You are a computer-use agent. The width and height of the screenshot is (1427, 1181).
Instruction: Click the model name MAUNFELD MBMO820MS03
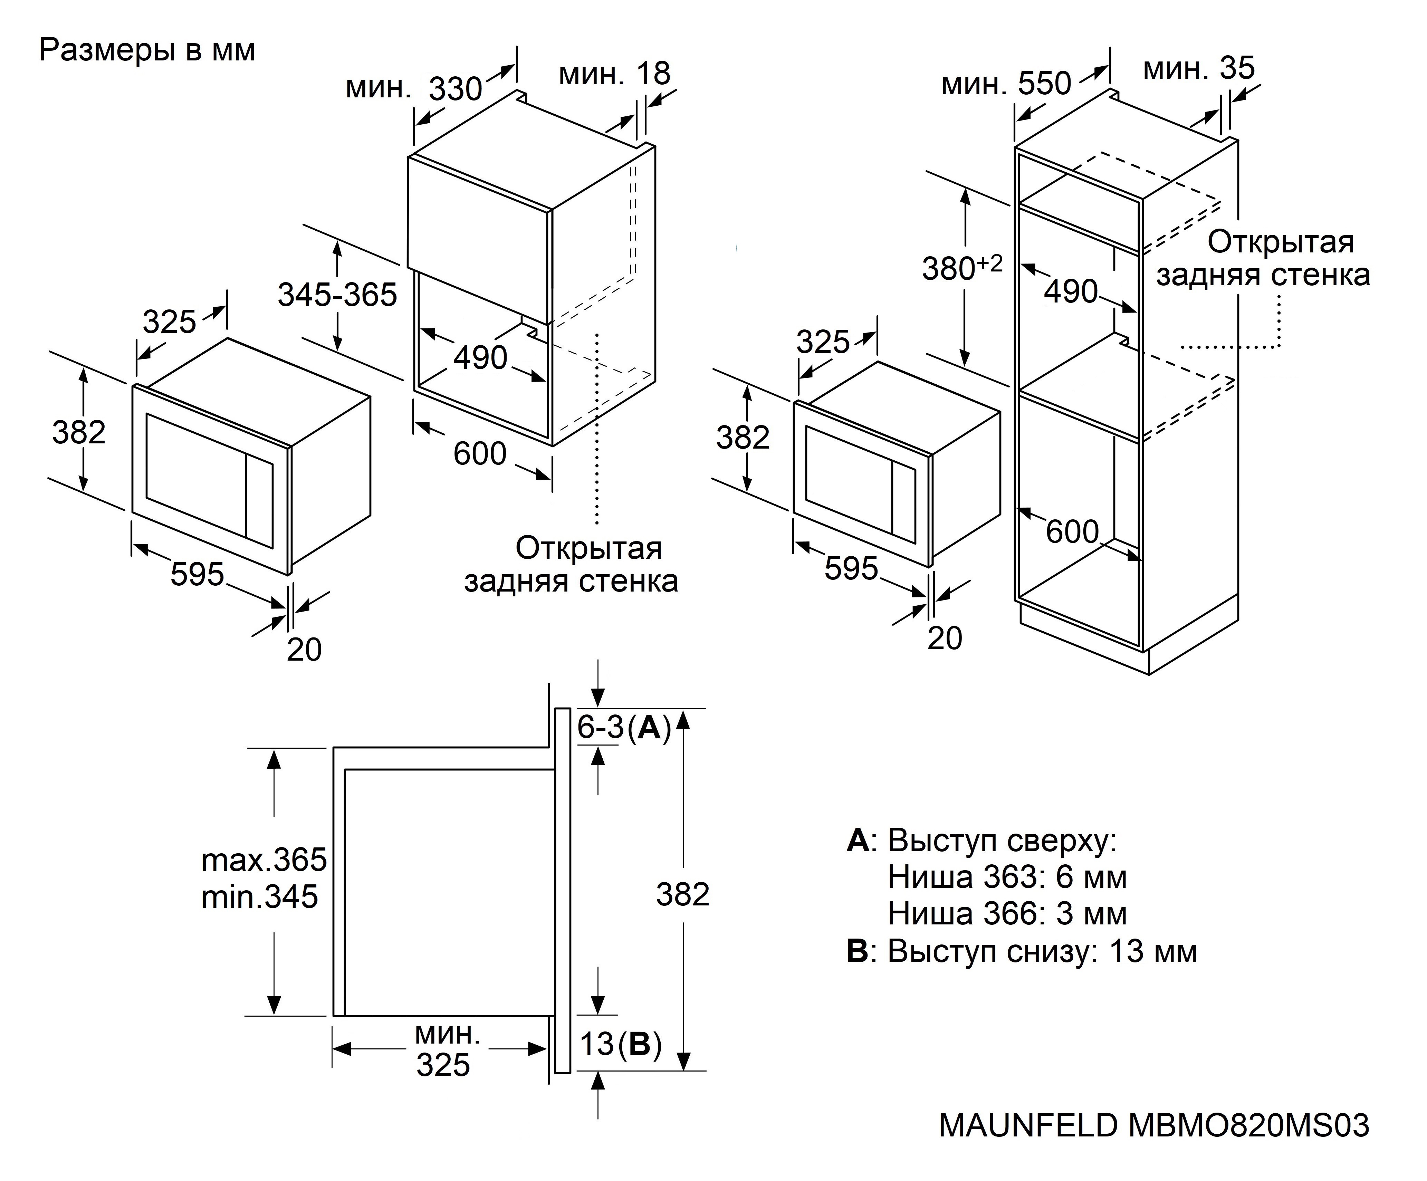[x=1153, y=1125]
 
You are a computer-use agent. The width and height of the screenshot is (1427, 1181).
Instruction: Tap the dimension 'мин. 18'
[x=614, y=74]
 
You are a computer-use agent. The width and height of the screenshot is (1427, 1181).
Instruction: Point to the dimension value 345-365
[x=337, y=295]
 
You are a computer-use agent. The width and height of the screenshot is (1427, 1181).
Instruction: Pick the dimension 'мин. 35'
[x=1199, y=68]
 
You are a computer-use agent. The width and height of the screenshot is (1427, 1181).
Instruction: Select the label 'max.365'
[x=264, y=860]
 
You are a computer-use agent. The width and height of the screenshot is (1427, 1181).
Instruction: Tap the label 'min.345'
[x=260, y=897]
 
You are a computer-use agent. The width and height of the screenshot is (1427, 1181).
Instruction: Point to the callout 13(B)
[x=620, y=1044]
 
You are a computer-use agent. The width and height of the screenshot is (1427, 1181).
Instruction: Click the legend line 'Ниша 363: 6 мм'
[x=1007, y=877]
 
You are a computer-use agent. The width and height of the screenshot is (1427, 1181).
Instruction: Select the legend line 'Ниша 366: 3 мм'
[x=1007, y=914]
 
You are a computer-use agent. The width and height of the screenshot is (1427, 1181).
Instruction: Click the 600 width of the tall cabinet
[x=1072, y=531]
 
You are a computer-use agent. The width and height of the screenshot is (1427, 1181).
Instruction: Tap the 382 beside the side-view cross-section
[x=682, y=894]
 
